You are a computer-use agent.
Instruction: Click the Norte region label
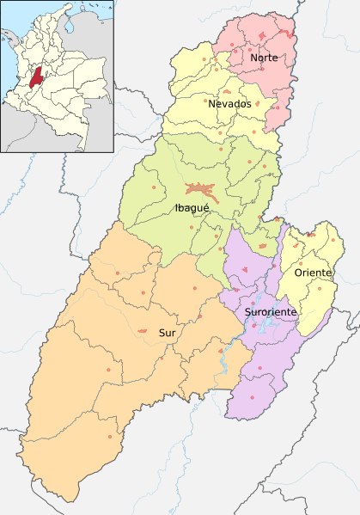tap(263, 58)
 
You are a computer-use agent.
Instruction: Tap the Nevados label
tap(229, 104)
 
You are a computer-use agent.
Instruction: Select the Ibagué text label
tap(192, 207)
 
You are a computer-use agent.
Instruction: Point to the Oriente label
tap(313, 273)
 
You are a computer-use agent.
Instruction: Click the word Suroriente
tap(270, 311)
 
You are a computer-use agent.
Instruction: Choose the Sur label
tap(167, 332)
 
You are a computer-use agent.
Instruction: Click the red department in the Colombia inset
tap(34, 75)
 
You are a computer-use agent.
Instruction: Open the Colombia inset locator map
tap(58, 76)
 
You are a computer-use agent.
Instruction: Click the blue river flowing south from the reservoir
tap(222, 365)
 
